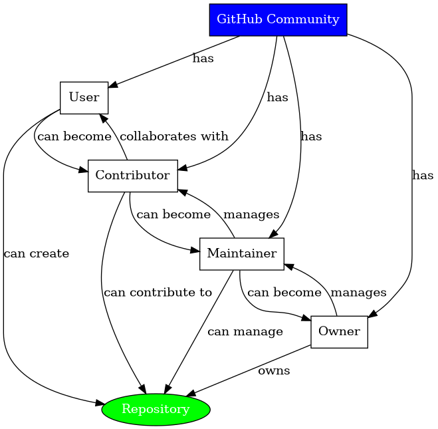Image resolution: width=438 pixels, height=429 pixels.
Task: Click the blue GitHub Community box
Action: click(278, 19)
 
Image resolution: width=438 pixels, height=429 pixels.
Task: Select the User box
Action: click(84, 98)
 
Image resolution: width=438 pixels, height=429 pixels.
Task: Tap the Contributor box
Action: click(132, 176)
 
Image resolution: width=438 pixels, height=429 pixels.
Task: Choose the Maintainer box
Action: click(242, 253)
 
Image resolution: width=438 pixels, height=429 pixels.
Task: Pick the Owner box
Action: click(339, 331)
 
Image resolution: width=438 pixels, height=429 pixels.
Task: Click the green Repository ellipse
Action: click(156, 409)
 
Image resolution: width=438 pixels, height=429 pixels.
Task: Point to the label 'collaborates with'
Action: click(174, 136)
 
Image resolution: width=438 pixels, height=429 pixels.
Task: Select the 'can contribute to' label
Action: click(158, 292)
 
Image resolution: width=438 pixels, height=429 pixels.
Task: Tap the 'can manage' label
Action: click(245, 331)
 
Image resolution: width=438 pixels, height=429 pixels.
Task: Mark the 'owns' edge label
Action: click(274, 370)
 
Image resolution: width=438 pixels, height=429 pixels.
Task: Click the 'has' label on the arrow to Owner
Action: click(423, 176)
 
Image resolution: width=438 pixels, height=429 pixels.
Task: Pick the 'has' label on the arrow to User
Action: click(203, 59)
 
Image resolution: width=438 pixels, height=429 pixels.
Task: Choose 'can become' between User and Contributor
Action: click(74, 136)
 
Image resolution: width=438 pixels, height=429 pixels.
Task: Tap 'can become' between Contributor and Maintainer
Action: click(173, 215)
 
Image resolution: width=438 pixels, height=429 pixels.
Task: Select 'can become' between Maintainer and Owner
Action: click(284, 292)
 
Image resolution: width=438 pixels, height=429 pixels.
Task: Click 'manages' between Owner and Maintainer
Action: click(358, 292)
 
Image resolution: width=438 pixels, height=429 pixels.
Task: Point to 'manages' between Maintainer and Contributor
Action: click(251, 215)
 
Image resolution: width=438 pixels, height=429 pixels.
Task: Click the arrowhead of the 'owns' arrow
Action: click(189, 396)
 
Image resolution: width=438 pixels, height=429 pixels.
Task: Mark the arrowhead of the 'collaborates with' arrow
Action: click(103, 118)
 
